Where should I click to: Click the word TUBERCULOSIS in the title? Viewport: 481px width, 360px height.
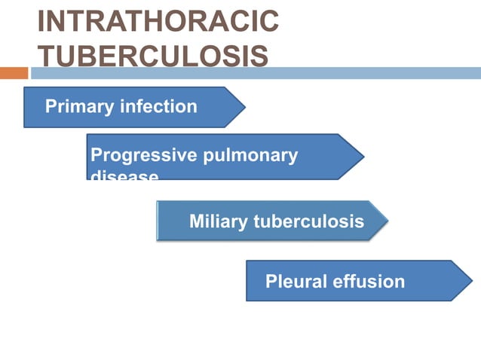point(152,56)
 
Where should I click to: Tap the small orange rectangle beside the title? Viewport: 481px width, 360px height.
point(14,73)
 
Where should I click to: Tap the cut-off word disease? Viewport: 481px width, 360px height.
point(124,176)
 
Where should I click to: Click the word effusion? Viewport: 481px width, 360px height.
point(369,282)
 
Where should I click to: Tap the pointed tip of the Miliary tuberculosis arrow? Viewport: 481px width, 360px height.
point(388,221)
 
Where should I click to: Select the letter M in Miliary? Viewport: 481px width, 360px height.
point(197,221)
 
